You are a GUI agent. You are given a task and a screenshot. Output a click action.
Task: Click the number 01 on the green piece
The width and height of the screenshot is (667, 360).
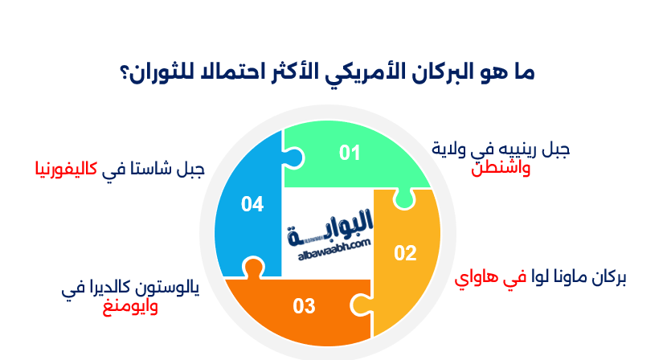point(350,153)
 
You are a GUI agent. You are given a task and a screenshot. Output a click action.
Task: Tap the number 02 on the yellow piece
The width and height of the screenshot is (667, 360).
point(405,253)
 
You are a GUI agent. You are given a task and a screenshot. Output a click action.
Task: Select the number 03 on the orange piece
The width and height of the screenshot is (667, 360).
point(304,306)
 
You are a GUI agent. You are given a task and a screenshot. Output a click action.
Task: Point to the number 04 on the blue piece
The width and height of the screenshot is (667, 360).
point(252,204)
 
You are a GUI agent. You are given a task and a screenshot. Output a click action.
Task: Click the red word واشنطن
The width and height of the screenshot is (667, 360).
point(501,168)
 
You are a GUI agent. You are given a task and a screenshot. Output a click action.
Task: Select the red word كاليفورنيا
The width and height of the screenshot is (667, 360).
point(67,169)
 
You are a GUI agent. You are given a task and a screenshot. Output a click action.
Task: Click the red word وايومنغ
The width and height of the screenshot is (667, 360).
point(130,306)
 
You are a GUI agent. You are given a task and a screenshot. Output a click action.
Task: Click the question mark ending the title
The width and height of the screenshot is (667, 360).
point(125,74)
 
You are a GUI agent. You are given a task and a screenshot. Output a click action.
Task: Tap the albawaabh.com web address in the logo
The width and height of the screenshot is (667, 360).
point(334,250)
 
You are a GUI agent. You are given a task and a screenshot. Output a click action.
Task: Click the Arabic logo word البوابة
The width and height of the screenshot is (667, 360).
point(331,227)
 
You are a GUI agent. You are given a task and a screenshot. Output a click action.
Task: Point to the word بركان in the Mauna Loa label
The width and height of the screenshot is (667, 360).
point(608,277)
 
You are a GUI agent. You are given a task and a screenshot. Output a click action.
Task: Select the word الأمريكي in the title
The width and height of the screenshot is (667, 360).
point(365,73)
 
